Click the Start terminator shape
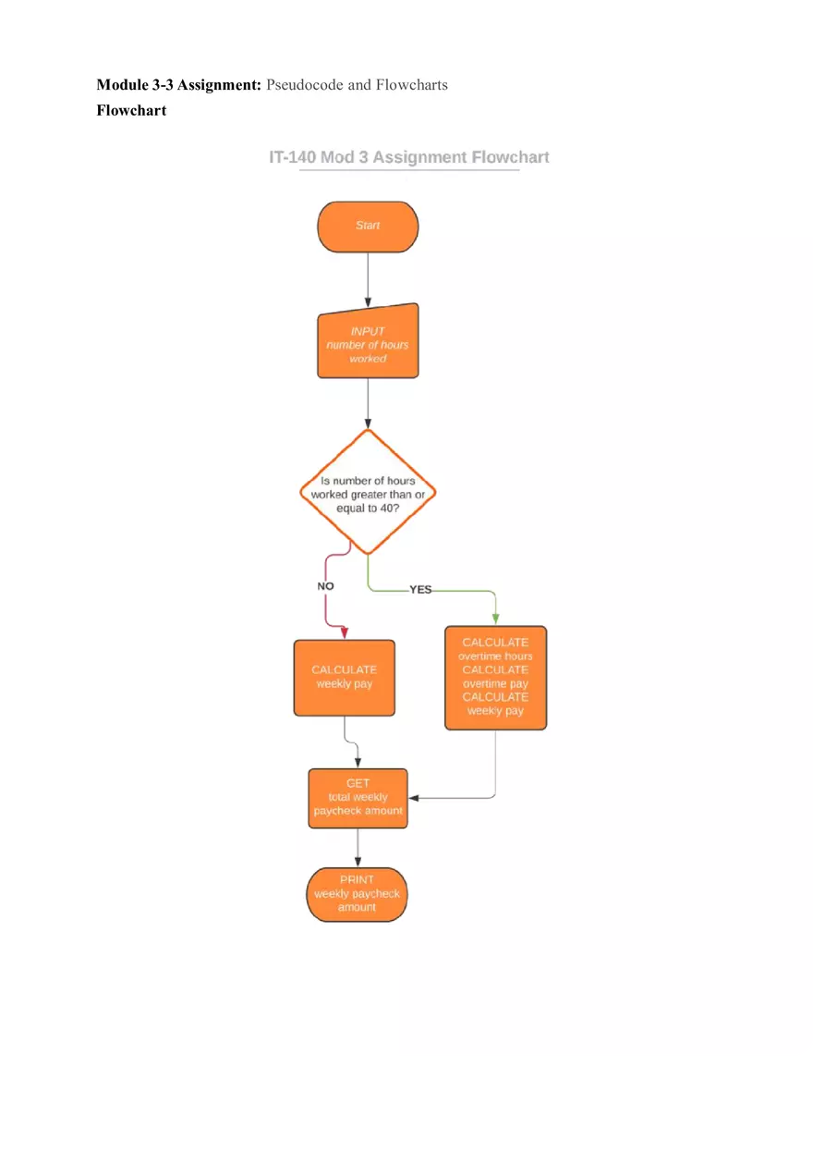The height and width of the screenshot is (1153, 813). click(368, 227)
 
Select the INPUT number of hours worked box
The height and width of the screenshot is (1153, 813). click(368, 343)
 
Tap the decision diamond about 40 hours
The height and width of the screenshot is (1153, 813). click(368, 492)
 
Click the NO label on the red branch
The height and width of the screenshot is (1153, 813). click(325, 586)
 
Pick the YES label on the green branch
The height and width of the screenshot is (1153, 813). click(420, 589)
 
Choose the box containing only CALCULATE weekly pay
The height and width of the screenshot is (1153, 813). click(344, 678)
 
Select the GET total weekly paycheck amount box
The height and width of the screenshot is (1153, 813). click(358, 797)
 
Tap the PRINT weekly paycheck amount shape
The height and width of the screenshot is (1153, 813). click(357, 894)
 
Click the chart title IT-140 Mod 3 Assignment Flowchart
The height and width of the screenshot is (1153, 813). click(408, 157)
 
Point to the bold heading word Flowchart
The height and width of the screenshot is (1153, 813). click(131, 110)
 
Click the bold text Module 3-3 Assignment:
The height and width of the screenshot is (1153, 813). click(179, 85)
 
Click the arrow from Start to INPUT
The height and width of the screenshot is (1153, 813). click(368, 277)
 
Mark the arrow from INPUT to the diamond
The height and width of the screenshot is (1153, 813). click(368, 403)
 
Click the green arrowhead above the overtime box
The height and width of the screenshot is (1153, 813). click(495, 619)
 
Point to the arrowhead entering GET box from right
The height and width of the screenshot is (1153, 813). click(415, 797)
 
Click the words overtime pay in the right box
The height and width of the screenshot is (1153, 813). click(495, 684)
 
